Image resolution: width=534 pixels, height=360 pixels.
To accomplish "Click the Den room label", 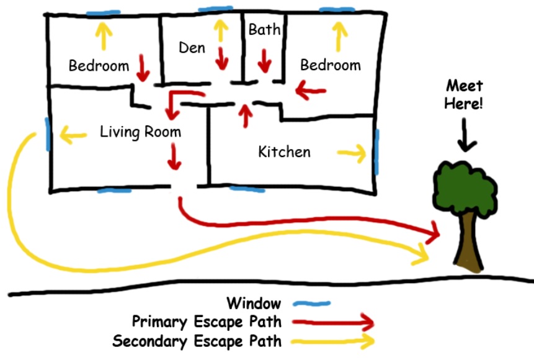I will (x=192, y=48).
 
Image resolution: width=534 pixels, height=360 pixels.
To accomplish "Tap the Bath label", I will (x=264, y=29).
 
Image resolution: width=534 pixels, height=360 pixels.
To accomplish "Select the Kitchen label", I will (x=285, y=151).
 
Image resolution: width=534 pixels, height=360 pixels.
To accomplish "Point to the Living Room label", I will (x=140, y=132).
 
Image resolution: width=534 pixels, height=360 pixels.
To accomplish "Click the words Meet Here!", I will (x=463, y=94).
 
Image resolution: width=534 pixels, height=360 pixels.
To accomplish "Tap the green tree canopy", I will (x=465, y=186).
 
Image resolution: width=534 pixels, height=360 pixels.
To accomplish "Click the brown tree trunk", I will (x=470, y=245).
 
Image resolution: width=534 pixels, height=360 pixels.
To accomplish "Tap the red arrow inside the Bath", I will (x=265, y=60).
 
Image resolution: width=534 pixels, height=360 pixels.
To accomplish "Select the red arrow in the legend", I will (x=332, y=323).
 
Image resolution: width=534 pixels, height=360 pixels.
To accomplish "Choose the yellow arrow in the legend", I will (x=332, y=341).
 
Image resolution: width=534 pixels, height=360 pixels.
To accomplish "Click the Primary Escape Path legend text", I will (x=207, y=323).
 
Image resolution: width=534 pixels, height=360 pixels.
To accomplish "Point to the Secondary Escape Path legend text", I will (x=197, y=341).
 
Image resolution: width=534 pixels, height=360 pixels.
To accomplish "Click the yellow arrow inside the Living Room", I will (x=73, y=133).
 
